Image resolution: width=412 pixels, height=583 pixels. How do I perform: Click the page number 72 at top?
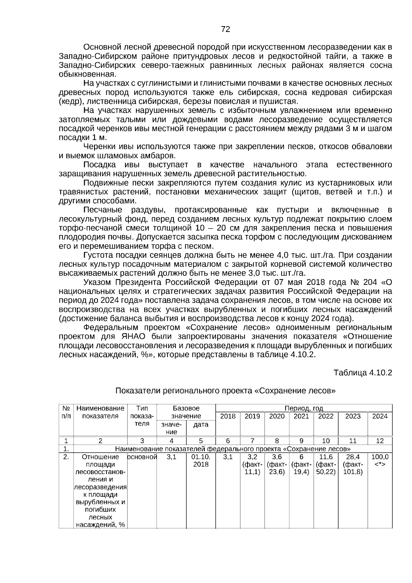click(x=226, y=30)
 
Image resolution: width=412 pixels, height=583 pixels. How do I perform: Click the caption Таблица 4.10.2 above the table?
click(x=363, y=373)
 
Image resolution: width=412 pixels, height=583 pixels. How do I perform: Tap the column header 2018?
click(x=228, y=416)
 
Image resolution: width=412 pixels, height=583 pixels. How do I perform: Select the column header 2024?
click(x=380, y=416)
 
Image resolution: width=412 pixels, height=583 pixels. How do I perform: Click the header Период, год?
click(x=304, y=408)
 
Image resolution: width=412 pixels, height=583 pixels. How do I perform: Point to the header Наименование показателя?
click(x=100, y=412)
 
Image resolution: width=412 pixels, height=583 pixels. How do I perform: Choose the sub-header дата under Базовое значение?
click(x=201, y=425)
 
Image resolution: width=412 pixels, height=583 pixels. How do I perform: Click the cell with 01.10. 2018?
click(x=201, y=461)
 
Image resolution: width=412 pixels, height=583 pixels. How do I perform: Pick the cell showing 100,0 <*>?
click(x=380, y=461)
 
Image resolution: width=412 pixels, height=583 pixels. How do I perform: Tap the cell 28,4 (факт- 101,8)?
click(x=353, y=464)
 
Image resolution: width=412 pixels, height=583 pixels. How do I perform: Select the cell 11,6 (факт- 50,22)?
click(x=326, y=464)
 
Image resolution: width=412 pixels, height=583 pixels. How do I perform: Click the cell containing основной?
click(x=142, y=457)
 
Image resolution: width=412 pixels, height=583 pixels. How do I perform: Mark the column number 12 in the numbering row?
click(x=380, y=441)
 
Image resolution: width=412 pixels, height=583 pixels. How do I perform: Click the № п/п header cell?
click(x=66, y=412)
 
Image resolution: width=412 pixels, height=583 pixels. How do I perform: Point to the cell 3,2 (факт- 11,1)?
click(x=252, y=464)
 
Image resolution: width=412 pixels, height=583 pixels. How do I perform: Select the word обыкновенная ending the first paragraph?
click(x=87, y=75)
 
